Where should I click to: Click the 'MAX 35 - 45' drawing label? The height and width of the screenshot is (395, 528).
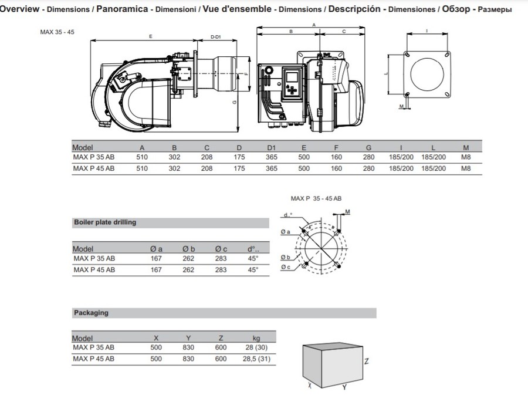pos(57,32)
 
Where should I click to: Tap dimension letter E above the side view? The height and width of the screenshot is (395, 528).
pos(151,36)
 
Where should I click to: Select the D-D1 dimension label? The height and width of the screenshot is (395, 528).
pos(215,37)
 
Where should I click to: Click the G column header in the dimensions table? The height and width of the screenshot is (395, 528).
pos(368,147)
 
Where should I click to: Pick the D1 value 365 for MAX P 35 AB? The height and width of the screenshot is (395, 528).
pos(272,157)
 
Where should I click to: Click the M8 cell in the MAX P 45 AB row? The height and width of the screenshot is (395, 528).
pos(466,168)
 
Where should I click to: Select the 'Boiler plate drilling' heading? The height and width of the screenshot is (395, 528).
pos(105,222)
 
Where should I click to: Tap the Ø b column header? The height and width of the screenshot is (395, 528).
pos(188,249)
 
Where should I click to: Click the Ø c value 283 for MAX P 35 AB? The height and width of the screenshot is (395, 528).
pos(221,259)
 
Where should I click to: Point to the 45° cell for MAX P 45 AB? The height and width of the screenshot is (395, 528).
pos(253,270)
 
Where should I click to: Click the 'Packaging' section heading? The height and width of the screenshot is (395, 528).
pos(92,313)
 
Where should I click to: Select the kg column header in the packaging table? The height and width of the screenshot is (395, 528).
pos(256,338)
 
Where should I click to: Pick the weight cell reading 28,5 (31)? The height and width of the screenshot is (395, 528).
pos(256,359)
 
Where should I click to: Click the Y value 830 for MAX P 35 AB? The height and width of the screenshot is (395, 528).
pos(188,347)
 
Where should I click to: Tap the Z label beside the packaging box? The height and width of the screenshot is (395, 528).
pos(366,362)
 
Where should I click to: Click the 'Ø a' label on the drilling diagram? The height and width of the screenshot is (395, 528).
pos(286,232)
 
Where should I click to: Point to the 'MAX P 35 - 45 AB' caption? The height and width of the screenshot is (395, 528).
pos(316,199)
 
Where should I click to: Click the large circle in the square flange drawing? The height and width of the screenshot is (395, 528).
pos(427,75)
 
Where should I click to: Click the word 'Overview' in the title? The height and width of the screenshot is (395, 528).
pos(19,9)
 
